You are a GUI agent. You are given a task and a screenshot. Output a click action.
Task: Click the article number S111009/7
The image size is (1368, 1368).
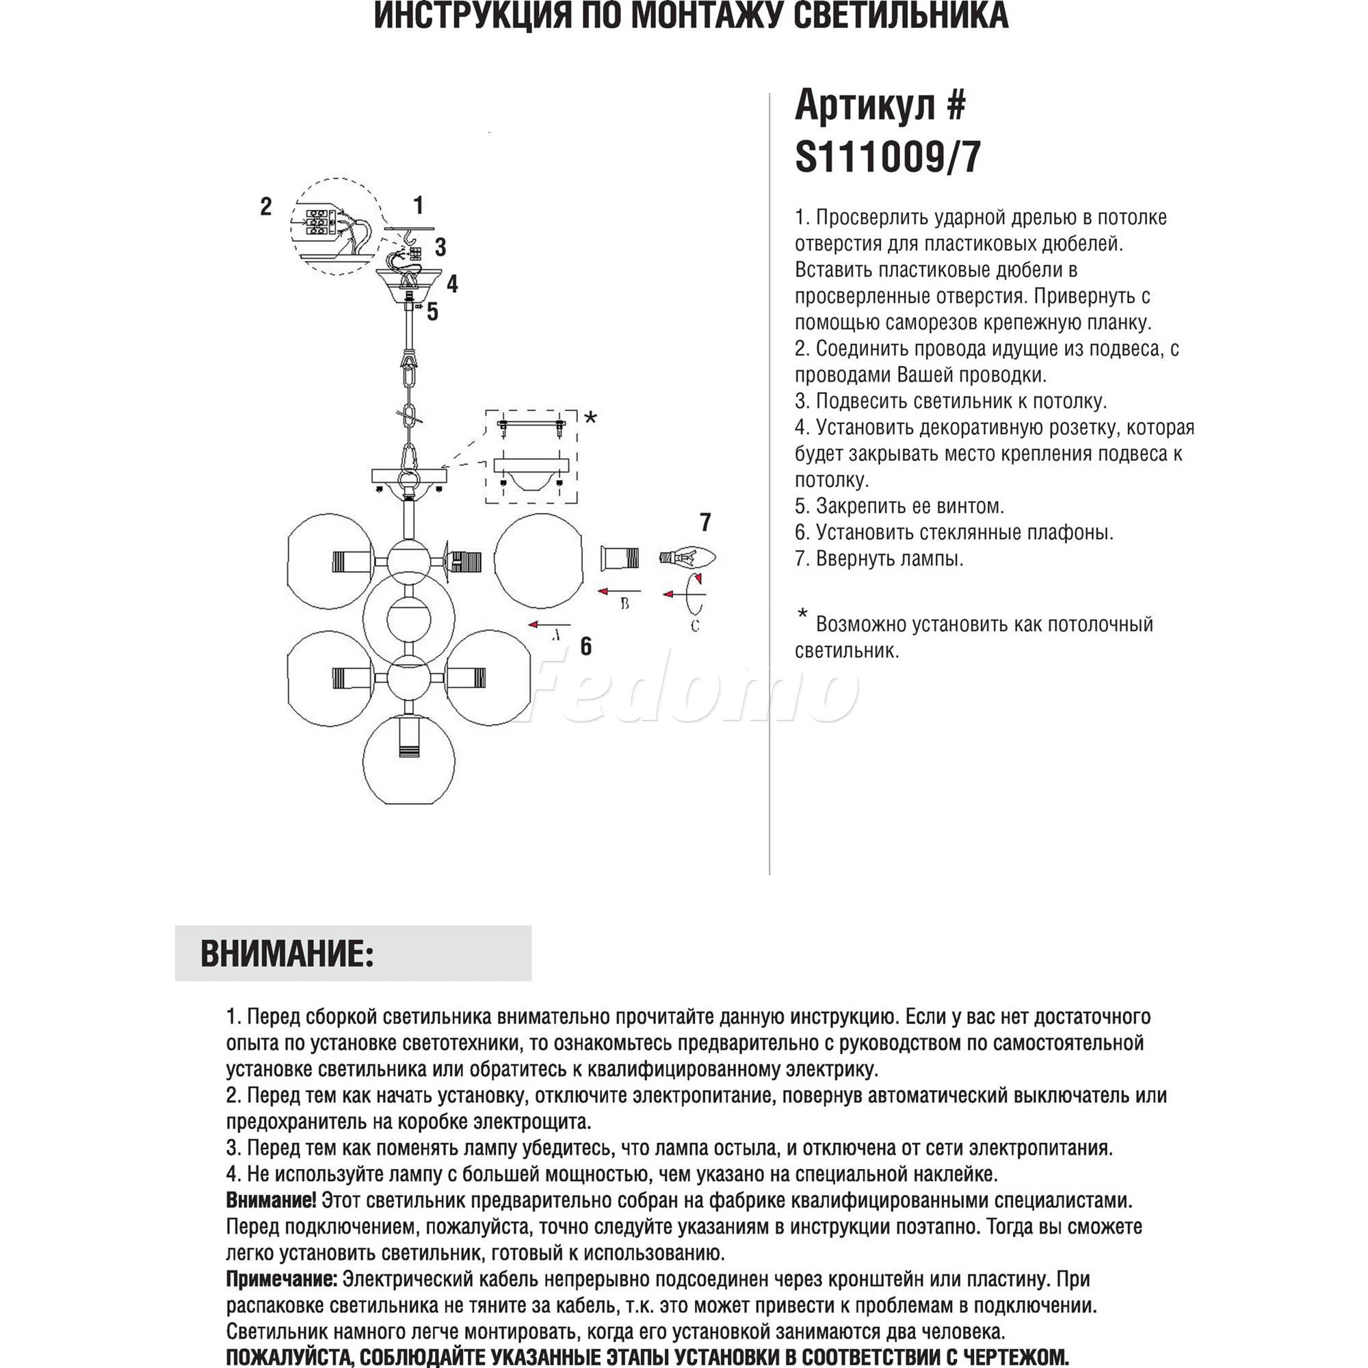tap(888, 157)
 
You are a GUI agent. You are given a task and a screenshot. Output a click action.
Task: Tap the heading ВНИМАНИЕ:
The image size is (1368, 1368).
tap(287, 953)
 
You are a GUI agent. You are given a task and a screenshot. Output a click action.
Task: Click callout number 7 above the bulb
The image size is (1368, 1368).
tap(705, 523)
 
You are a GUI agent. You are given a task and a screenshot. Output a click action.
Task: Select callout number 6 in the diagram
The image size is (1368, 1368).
tap(586, 646)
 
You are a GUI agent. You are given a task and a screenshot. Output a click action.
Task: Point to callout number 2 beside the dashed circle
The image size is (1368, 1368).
tap(265, 206)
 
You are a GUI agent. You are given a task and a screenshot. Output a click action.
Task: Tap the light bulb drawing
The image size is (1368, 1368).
tap(687, 557)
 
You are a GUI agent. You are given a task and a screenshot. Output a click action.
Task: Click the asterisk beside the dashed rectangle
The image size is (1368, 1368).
tap(590, 418)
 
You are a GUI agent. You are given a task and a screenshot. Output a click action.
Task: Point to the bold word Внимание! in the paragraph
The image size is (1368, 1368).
tap(271, 1200)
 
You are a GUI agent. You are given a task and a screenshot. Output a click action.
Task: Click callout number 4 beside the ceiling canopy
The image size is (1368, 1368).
tap(451, 284)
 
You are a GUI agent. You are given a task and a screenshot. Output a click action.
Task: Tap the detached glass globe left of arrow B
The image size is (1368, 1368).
tap(539, 560)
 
